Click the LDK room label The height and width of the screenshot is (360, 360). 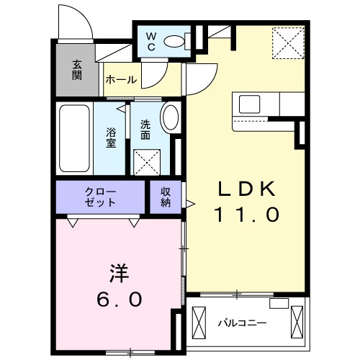coord(248,189)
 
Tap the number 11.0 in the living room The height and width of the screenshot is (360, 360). coord(246,215)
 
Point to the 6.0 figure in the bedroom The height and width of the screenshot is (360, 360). coord(117,299)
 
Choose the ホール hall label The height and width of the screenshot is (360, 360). coord(121,80)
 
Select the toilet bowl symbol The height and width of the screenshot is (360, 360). coord(174,42)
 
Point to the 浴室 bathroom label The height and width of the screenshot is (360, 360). coord(112,138)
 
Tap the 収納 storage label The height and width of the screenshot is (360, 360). coord(165,196)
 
